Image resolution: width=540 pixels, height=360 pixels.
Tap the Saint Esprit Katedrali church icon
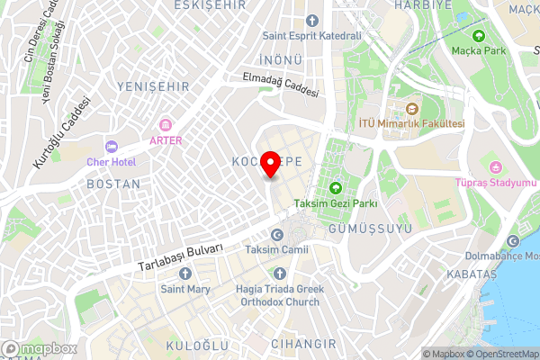[x=311, y=20]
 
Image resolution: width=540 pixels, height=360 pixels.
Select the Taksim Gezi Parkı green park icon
[x=336, y=188]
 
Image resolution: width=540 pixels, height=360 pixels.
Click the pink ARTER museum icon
[x=166, y=124]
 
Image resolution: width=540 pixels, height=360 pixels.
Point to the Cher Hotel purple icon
[x=112, y=146]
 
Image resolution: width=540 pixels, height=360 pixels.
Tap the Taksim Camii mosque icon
[x=276, y=234]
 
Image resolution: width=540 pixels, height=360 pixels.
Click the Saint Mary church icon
[x=185, y=274]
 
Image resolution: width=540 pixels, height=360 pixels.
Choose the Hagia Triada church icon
[x=279, y=273]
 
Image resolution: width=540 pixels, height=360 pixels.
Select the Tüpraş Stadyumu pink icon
[x=495, y=166]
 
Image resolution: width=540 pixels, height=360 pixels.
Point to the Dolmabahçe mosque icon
[x=514, y=241]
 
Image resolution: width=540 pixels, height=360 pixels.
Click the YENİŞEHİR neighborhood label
[x=152, y=86]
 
